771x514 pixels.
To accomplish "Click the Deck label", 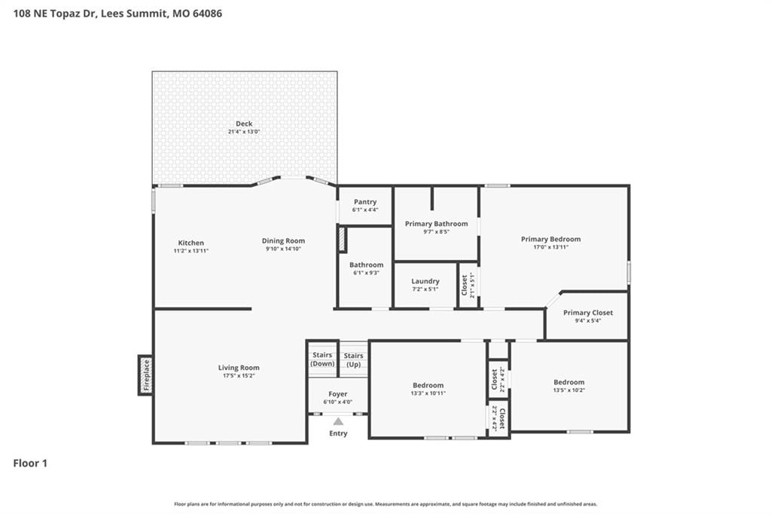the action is click(244, 124).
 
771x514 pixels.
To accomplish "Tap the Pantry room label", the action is click(365, 202).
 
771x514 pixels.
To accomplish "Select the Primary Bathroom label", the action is click(437, 224).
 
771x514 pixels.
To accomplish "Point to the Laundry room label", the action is click(425, 281).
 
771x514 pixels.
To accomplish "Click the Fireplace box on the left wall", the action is click(145, 375).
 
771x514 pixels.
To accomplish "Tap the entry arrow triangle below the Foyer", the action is click(338, 421).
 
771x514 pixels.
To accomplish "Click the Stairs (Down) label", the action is click(322, 359).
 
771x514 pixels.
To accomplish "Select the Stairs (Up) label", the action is click(354, 360).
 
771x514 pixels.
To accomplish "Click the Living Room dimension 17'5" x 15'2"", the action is click(239, 375).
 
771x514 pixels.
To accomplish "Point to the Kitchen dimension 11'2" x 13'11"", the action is click(190, 251).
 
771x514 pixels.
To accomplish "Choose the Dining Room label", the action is click(283, 240).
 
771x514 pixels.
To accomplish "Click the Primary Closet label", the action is click(588, 313).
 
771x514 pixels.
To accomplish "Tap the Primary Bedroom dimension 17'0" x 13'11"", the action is click(550, 247).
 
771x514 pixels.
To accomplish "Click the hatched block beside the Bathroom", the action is click(342, 240).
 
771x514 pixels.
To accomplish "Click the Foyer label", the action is click(338, 394).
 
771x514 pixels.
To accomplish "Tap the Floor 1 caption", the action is click(30, 463).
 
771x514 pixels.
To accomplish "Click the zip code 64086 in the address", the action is click(207, 14).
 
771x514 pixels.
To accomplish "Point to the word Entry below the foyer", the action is click(338, 433).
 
